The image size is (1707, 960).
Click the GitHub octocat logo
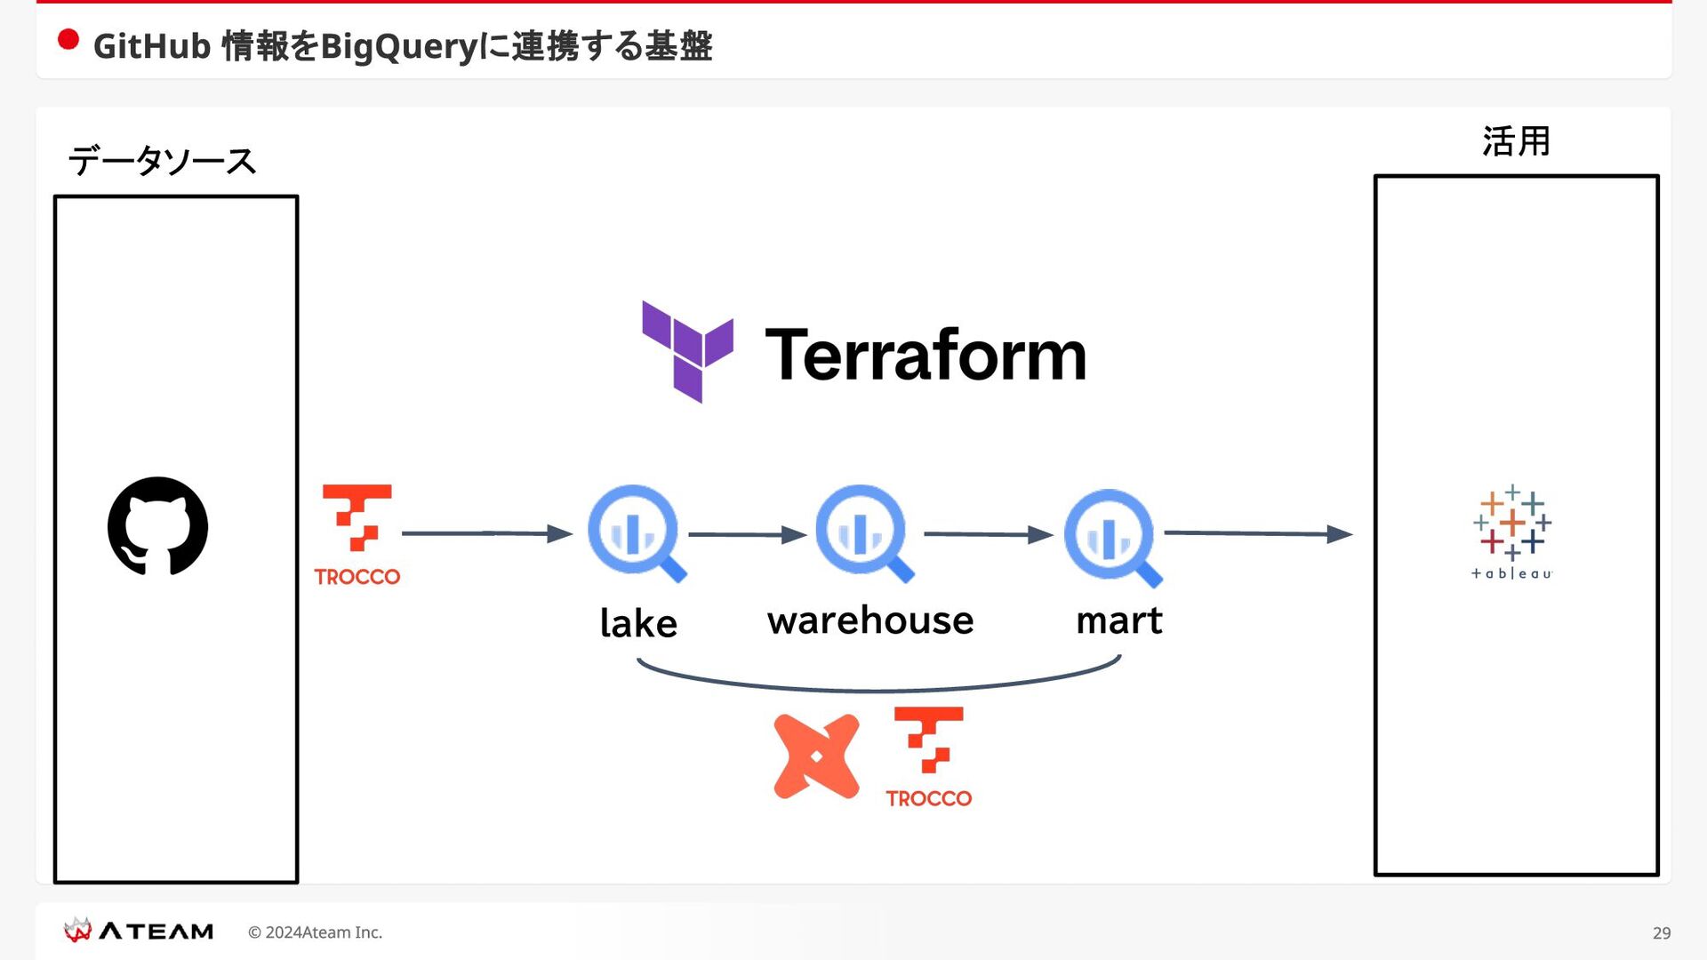[157, 526]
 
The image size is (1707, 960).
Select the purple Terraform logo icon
[688, 351]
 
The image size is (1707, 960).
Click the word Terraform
[926, 355]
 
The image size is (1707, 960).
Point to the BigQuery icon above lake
[637, 533]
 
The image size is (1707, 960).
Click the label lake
[638, 622]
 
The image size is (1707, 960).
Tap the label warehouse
[870, 620]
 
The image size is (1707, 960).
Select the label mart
[1119, 620]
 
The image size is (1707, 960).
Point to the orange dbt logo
[816, 756]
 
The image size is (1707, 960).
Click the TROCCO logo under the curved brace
[929, 757]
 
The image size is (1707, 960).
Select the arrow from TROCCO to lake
[487, 533]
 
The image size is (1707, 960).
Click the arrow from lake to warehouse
[748, 534]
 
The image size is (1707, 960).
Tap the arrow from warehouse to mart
[989, 534]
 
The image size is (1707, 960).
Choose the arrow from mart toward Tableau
[1259, 533]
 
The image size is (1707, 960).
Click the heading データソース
[162, 161]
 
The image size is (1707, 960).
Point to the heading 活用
[1516, 141]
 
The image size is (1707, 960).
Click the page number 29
[1662, 932]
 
